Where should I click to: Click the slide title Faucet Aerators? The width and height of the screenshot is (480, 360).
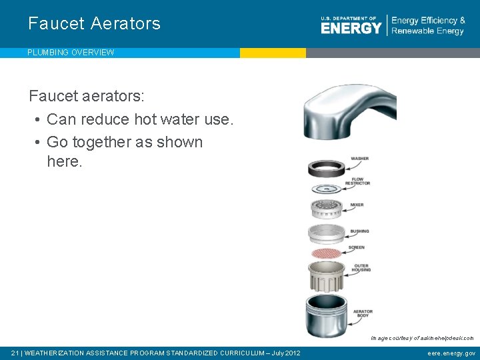click(94, 23)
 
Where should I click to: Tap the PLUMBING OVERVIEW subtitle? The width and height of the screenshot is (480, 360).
click(71, 53)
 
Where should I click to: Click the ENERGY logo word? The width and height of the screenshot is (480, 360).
click(351, 27)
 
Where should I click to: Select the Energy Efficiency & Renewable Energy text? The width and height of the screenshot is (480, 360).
click(428, 26)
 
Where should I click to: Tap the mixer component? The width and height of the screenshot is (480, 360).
click(326, 209)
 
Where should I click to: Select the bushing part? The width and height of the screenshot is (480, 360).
click(326, 233)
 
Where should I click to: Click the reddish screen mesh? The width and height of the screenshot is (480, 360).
click(326, 253)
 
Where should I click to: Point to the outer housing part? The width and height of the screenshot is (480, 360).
click(326, 275)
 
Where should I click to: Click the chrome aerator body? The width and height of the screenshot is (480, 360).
click(326, 314)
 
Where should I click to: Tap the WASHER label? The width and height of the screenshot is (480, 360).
click(359, 159)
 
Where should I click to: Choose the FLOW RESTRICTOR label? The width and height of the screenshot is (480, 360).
click(361, 181)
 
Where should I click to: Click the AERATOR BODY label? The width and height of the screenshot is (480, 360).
click(363, 313)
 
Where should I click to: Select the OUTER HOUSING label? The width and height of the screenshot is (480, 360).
click(362, 268)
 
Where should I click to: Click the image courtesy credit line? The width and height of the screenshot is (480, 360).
click(422, 338)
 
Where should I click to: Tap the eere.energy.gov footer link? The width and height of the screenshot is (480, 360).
click(451, 353)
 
